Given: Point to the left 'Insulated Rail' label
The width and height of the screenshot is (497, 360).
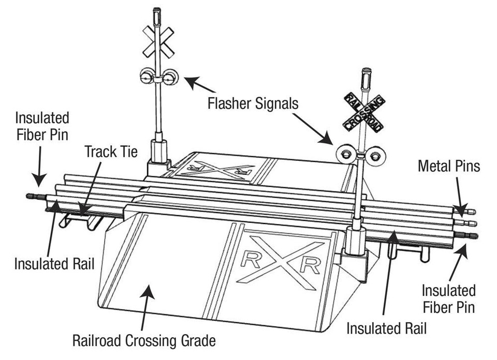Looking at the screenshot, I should click(x=54, y=264).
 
